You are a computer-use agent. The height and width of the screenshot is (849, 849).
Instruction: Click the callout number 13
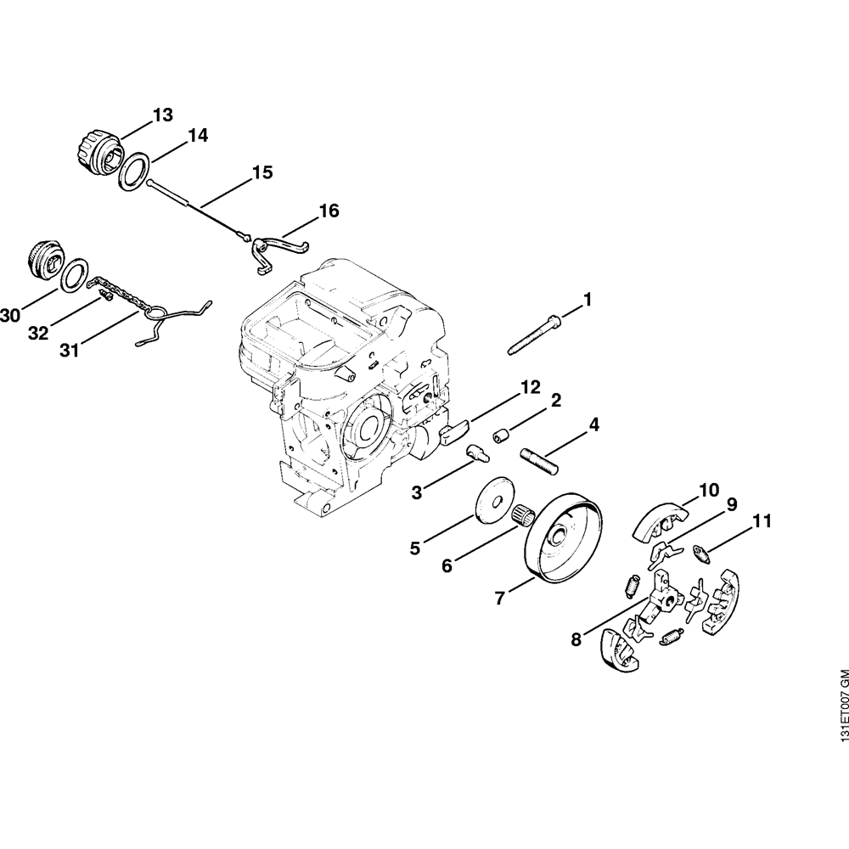pyautogui.click(x=162, y=115)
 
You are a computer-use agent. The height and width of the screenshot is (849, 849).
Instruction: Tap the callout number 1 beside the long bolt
pyautogui.click(x=586, y=300)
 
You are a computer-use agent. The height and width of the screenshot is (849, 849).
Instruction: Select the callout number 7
pyautogui.click(x=501, y=599)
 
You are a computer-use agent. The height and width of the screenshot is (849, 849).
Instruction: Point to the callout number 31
pyautogui.click(x=70, y=349)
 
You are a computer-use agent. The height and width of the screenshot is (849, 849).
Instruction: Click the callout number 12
pyautogui.click(x=530, y=387)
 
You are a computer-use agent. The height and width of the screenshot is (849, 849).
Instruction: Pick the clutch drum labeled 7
pyautogui.click(x=564, y=540)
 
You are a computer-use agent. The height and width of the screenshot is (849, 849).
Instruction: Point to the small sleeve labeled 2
pyautogui.click(x=502, y=437)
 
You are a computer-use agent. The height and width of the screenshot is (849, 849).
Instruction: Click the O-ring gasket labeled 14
pyautogui.click(x=136, y=172)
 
